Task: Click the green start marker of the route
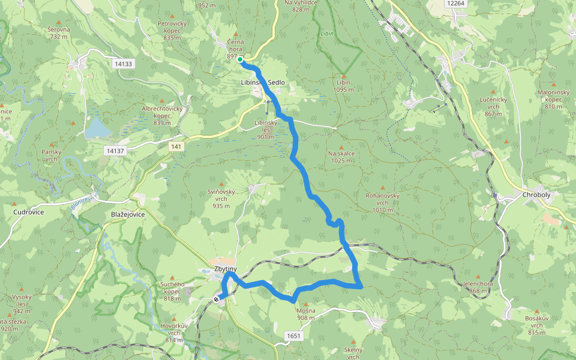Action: point(240,59)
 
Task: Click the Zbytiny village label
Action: point(226,269)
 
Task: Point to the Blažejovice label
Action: point(128,214)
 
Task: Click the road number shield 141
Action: point(176,146)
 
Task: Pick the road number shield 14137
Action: point(113,151)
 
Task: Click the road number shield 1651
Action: point(293,336)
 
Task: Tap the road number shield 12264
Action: point(456,4)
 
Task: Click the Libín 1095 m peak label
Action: point(343,86)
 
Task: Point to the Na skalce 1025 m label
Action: point(341,157)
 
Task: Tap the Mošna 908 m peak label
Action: point(305,314)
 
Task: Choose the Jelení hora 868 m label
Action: point(478,287)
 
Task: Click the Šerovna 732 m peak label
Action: point(59,32)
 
